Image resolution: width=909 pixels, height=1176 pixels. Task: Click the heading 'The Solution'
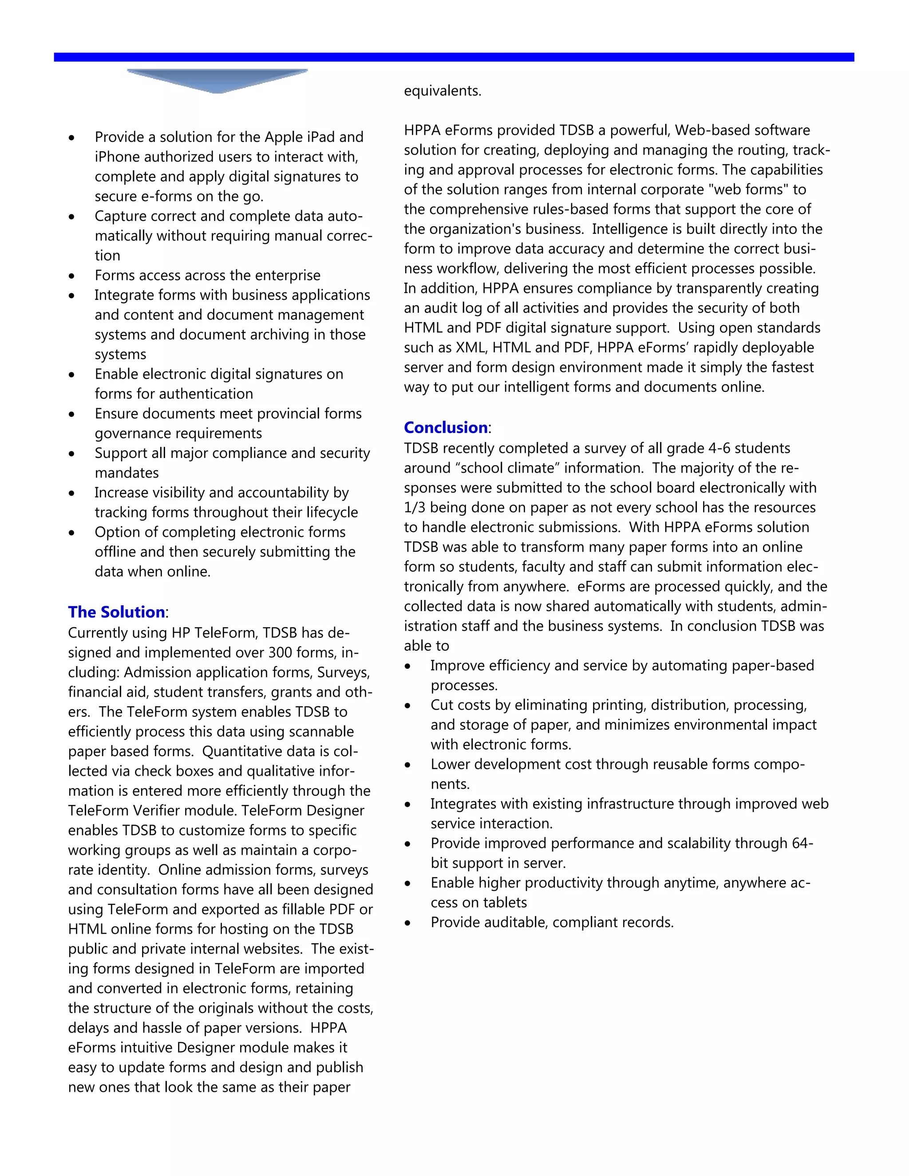tap(116, 612)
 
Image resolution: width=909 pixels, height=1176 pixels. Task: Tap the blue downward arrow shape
tap(217, 81)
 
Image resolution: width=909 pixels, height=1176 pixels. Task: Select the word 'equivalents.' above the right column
tap(443, 91)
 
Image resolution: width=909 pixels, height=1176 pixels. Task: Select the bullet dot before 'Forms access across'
tap(71, 276)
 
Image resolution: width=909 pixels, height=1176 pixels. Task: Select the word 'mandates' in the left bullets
tap(126, 473)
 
